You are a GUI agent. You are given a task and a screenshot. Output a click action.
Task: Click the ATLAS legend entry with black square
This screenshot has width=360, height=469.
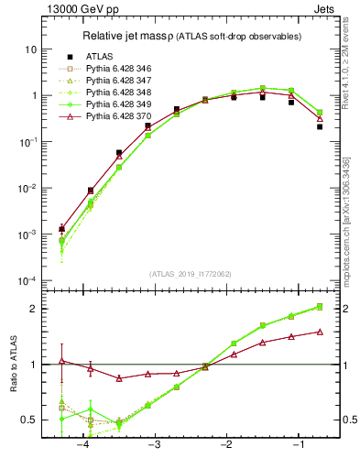tap(100, 56)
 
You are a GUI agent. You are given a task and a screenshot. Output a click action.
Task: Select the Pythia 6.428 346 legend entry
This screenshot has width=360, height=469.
tap(119, 68)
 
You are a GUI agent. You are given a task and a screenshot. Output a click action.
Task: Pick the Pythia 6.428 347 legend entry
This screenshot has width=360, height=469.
tap(119, 80)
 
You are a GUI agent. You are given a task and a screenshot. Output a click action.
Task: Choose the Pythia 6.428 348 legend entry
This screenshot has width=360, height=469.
tap(119, 92)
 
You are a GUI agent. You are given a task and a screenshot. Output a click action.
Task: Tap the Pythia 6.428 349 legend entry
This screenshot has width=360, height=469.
tap(119, 104)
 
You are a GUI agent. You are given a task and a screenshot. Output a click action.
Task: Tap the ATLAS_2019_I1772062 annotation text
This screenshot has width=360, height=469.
tap(190, 273)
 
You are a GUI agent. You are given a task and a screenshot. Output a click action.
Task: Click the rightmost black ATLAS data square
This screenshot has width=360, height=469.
tap(320, 126)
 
